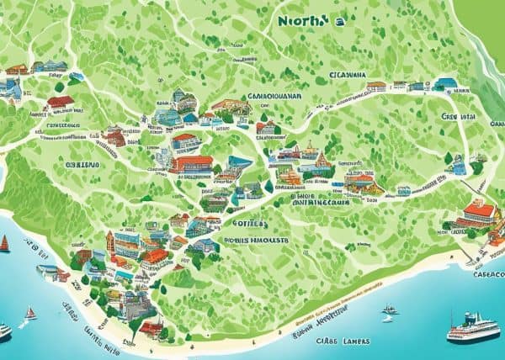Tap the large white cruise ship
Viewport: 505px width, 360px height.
click(472, 327)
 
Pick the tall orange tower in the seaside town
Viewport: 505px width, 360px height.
click(109, 245)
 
